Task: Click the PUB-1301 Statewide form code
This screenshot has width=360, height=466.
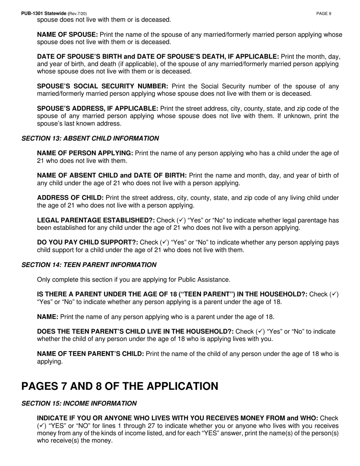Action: coord(44,14)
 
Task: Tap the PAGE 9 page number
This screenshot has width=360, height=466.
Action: coord(324,14)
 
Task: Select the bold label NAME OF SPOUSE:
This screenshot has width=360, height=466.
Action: coord(67,34)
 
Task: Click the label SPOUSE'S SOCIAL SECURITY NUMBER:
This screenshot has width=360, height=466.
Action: coord(103,86)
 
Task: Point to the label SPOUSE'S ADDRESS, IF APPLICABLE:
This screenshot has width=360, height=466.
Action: coord(97,108)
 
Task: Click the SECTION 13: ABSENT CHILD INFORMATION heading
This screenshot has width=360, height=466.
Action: coord(90,138)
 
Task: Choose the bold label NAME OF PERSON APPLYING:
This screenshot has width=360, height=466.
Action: coord(85,153)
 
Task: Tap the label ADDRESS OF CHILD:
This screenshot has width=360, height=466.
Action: coord(70,198)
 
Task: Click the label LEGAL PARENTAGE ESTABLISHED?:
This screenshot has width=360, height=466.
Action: coord(95,220)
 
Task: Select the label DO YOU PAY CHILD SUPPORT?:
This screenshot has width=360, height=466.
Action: coord(87,242)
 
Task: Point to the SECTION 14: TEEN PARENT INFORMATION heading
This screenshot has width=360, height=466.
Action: coord(89,265)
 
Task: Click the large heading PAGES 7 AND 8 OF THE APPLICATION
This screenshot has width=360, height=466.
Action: coord(120,386)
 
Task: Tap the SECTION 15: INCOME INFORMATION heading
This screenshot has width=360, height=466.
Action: coord(79,403)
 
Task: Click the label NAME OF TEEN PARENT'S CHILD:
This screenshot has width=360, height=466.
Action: coord(90,354)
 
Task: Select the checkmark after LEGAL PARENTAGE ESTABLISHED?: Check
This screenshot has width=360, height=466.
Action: coord(181,220)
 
